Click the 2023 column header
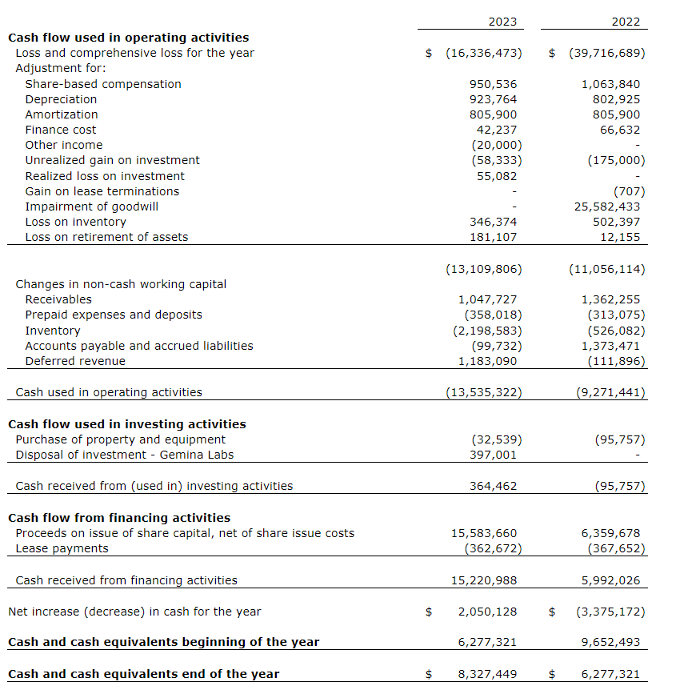pos(502,22)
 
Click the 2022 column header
pos(626,22)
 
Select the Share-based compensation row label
pos(103,84)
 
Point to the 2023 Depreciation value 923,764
pos(493,99)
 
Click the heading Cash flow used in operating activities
pos(128,38)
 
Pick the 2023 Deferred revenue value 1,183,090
pos(487,361)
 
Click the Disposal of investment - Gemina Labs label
pos(125,455)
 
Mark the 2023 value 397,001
pos(493,455)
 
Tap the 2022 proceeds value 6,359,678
pos(610,533)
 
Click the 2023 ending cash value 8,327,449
pos(487,674)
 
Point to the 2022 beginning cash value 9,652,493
pos(610,642)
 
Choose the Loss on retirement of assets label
pos(106,237)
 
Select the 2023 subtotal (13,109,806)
pos(483,269)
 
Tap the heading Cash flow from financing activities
pos(119,518)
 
